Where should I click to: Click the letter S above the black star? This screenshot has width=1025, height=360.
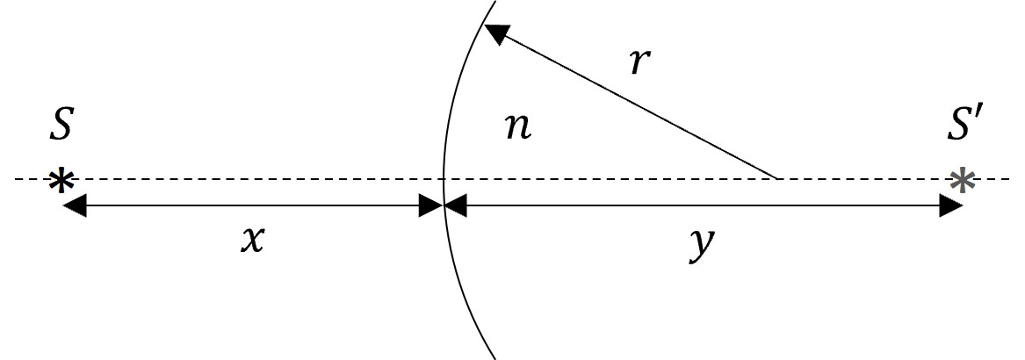[x=60, y=126]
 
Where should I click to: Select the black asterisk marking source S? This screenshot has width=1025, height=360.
[x=61, y=181]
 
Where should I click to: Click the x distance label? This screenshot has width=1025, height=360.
[x=253, y=241]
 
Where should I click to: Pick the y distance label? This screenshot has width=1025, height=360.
[x=703, y=244]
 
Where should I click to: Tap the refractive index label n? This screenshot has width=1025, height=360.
[x=518, y=128]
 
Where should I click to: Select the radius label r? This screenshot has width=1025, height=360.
[x=640, y=62]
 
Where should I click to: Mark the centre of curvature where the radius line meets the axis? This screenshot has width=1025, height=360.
[x=777, y=178]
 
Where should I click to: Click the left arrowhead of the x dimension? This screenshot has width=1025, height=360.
[x=75, y=206]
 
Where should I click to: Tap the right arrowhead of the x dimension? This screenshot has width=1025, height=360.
[x=431, y=206]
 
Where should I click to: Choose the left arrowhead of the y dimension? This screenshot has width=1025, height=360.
[x=456, y=206]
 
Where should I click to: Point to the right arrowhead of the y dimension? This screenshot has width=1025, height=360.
[x=951, y=206]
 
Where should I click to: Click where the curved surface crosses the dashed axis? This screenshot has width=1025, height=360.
[x=444, y=178]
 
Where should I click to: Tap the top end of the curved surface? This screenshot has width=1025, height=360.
[x=495, y=1]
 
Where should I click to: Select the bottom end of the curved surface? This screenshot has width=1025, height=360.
[x=494, y=358]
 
